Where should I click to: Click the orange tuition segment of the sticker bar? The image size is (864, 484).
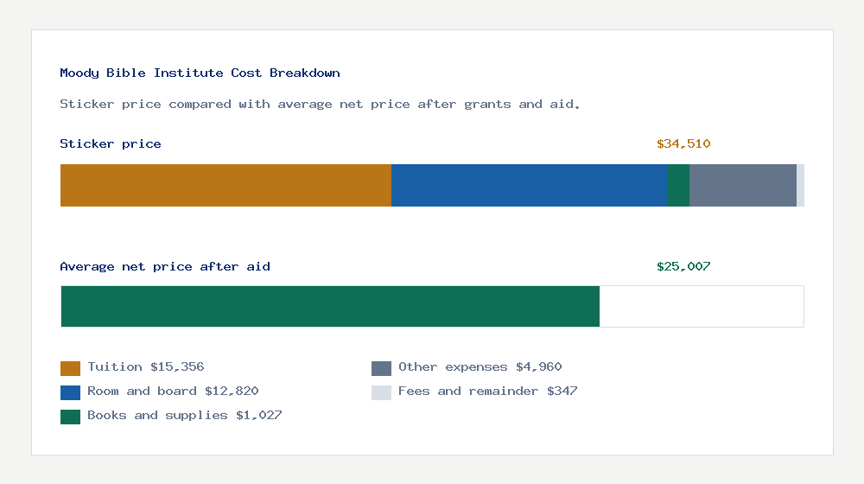(x=226, y=185)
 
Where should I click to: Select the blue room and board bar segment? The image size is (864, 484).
(x=529, y=185)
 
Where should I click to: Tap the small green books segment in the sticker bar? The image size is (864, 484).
(x=677, y=185)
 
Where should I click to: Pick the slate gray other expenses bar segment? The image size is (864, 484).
(x=742, y=185)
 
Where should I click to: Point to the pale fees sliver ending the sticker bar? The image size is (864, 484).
(x=800, y=185)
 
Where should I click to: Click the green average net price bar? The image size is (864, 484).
(x=330, y=306)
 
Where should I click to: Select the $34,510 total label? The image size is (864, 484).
(x=683, y=144)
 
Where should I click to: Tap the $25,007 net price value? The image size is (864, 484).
(x=683, y=267)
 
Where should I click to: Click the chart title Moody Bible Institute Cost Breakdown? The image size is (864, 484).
(x=200, y=73)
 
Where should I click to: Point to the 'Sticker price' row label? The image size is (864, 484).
(x=111, y=144)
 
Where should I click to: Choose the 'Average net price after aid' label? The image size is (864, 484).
(x=165, y=267)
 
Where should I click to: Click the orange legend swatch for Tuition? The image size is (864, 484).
(x=70, y=368)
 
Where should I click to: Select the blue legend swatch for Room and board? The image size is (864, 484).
(x=70, y=392)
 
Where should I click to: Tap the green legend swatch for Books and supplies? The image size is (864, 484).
(x=70, y=417)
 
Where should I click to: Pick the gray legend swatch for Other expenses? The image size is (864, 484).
(x=381, y=368)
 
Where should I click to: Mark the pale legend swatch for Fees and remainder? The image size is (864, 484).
(x=381, y=392)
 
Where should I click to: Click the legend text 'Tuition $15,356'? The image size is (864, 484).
(x=146, y=367)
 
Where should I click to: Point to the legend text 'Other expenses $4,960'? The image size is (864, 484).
(x=480, y=367)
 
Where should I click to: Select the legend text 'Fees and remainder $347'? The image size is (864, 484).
(x=487, y=392)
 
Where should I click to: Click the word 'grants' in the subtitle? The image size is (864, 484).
(x=487, y=105)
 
